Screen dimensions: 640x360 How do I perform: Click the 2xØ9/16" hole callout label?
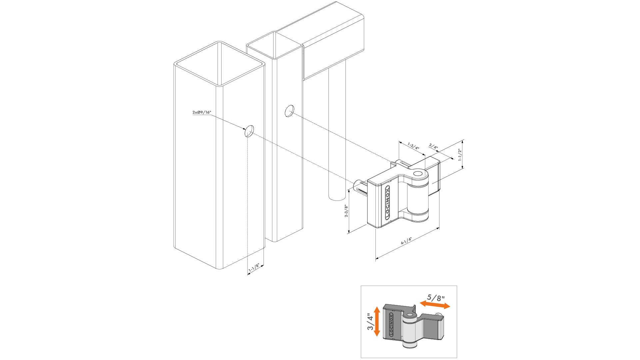tap(202, 112)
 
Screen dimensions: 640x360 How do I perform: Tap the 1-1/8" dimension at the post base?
tap(254, 267)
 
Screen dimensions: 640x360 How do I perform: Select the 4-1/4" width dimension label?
tap(406, 241)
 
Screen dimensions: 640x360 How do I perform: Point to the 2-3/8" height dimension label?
tap(346, 211)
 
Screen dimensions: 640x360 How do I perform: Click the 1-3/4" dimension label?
tap(413, 146)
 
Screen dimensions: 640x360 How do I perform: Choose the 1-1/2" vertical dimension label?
tap(460, 155)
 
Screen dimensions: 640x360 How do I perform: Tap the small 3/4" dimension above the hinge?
tap(433, 146)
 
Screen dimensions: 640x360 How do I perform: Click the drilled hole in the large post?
tap(249, 131)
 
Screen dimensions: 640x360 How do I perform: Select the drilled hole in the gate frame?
tap(290, 111)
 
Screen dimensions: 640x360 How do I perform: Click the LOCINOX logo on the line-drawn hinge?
tap(387, 202)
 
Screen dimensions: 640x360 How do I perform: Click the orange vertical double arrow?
tap(377, 321)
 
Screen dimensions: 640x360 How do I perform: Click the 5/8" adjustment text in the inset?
tap(436, 297)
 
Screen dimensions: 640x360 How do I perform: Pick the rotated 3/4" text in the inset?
tap(370, 322)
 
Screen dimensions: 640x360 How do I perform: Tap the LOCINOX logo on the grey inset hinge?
tap(391, 324)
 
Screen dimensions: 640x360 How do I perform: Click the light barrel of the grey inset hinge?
tap(409, 331)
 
